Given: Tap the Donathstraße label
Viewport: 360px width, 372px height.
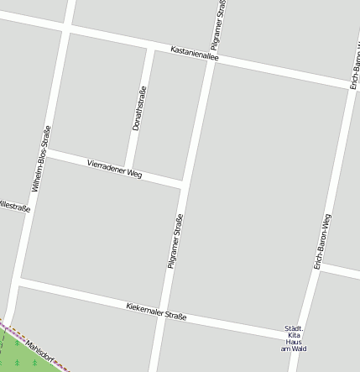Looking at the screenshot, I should coord(140,108).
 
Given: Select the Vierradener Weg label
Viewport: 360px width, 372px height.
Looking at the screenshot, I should coord(115,167).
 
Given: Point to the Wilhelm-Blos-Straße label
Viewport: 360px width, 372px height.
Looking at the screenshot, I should coord(41,159).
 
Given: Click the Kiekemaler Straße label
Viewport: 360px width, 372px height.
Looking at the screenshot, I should coord(156,312).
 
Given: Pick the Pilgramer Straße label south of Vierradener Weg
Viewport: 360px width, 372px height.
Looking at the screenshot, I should coord(175,242).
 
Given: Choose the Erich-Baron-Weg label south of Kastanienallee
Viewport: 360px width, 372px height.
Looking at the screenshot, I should coord(322,242).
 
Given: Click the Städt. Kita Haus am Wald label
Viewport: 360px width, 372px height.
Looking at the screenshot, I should coord(294,338).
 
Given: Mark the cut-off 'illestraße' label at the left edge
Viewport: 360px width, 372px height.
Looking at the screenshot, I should coord(14,206).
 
